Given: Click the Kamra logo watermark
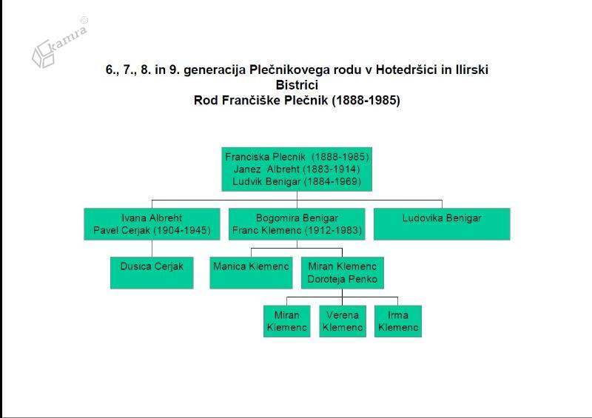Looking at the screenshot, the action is coord(60,43).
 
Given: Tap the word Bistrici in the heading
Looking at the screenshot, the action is coord(297,84).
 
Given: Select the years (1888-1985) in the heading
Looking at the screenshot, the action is coord(366,101).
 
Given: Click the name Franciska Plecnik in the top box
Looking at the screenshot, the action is coord(265,157).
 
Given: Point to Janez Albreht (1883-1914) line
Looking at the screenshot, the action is coord(297,169).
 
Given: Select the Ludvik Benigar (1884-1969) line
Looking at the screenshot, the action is coord(297,181).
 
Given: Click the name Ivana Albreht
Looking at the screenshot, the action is coord(152,218).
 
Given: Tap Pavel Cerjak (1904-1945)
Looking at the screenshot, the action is coord(152,230).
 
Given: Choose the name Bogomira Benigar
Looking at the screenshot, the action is coord(297,218).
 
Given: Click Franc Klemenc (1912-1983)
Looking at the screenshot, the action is coord(297,230).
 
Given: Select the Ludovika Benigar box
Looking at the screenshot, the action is coord(442,224).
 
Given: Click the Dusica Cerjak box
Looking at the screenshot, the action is coord(152,273).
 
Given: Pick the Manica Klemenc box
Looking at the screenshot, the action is coord(251,273).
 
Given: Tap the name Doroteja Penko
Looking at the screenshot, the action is coord(343,279).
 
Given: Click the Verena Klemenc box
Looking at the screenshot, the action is coord(343,321).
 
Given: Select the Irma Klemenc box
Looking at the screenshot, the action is coord(398,321).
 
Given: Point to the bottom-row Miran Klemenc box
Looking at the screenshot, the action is coord(287,321).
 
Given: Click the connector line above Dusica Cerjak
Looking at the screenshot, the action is coord(152,249).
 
